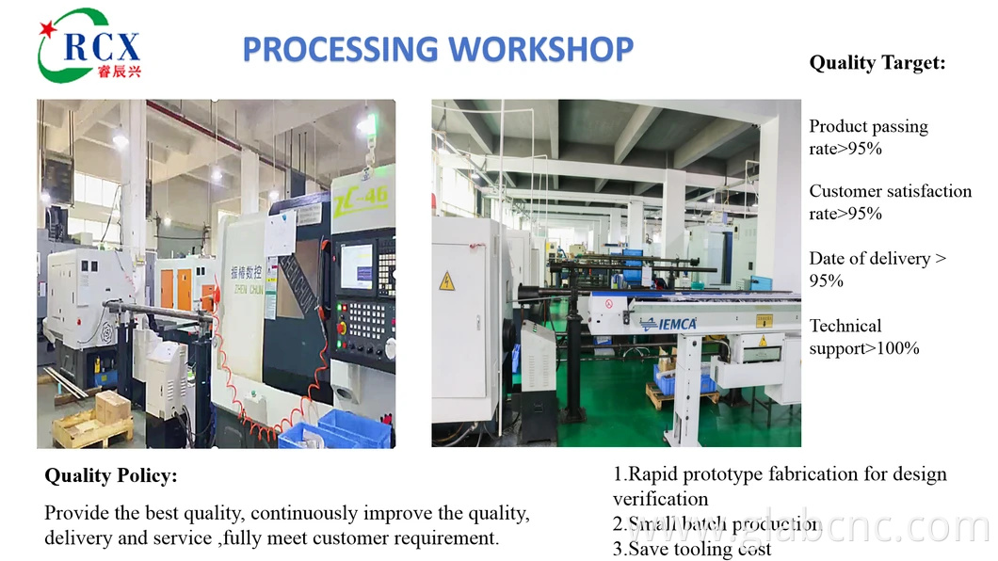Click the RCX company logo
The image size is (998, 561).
point(89,44)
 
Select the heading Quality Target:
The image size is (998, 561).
point(877,63)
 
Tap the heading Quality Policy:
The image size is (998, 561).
point(110,476)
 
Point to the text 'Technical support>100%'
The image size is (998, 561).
point(863,337)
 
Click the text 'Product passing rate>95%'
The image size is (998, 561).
point(868,137)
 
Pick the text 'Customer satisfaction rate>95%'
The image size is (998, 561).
point(890,201)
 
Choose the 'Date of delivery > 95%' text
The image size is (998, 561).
point(877,269)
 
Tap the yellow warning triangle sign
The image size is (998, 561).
point(447,280)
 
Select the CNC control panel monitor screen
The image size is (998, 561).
point(357,266)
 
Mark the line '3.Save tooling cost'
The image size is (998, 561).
point(692,549)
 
